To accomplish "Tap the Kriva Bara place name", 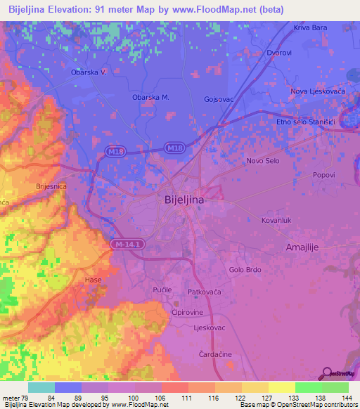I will pos(310,28).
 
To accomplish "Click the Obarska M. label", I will pos(151,98).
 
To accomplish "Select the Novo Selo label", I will pos(264,161).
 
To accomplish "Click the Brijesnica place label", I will pos(51,186).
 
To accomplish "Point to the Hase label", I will pos(93,280).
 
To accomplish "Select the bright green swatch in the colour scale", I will pos(309,387).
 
